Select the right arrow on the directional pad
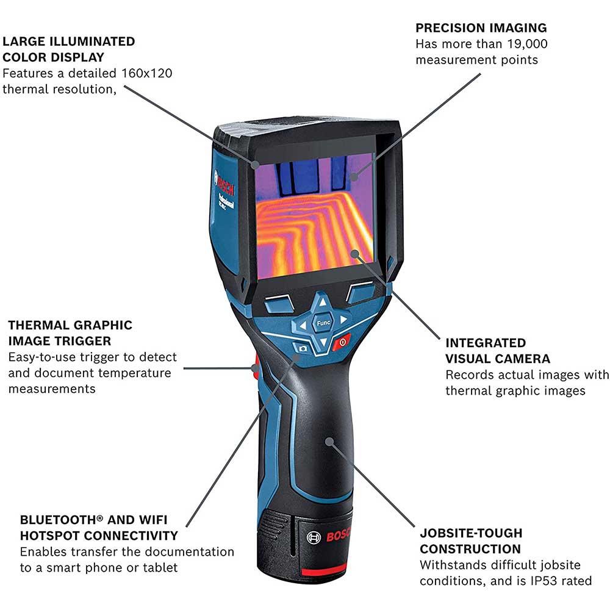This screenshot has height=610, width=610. click(x=343, y=319)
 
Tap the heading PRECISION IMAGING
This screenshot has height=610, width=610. click(x=481, y=28)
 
